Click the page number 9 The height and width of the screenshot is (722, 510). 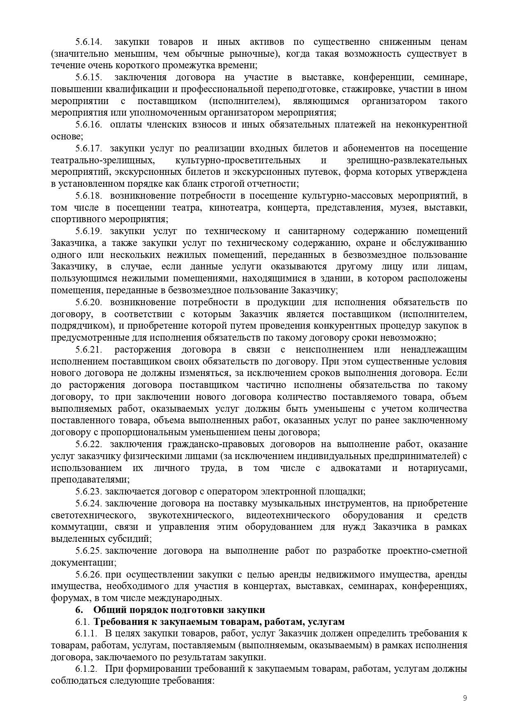pos(465,697)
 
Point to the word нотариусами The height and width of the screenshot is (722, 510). pos(437,468)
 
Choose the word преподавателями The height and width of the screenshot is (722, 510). pos(90,480)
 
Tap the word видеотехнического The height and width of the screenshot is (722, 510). pos(288,515)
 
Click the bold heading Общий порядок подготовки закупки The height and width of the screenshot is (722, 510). pos(179,610)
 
